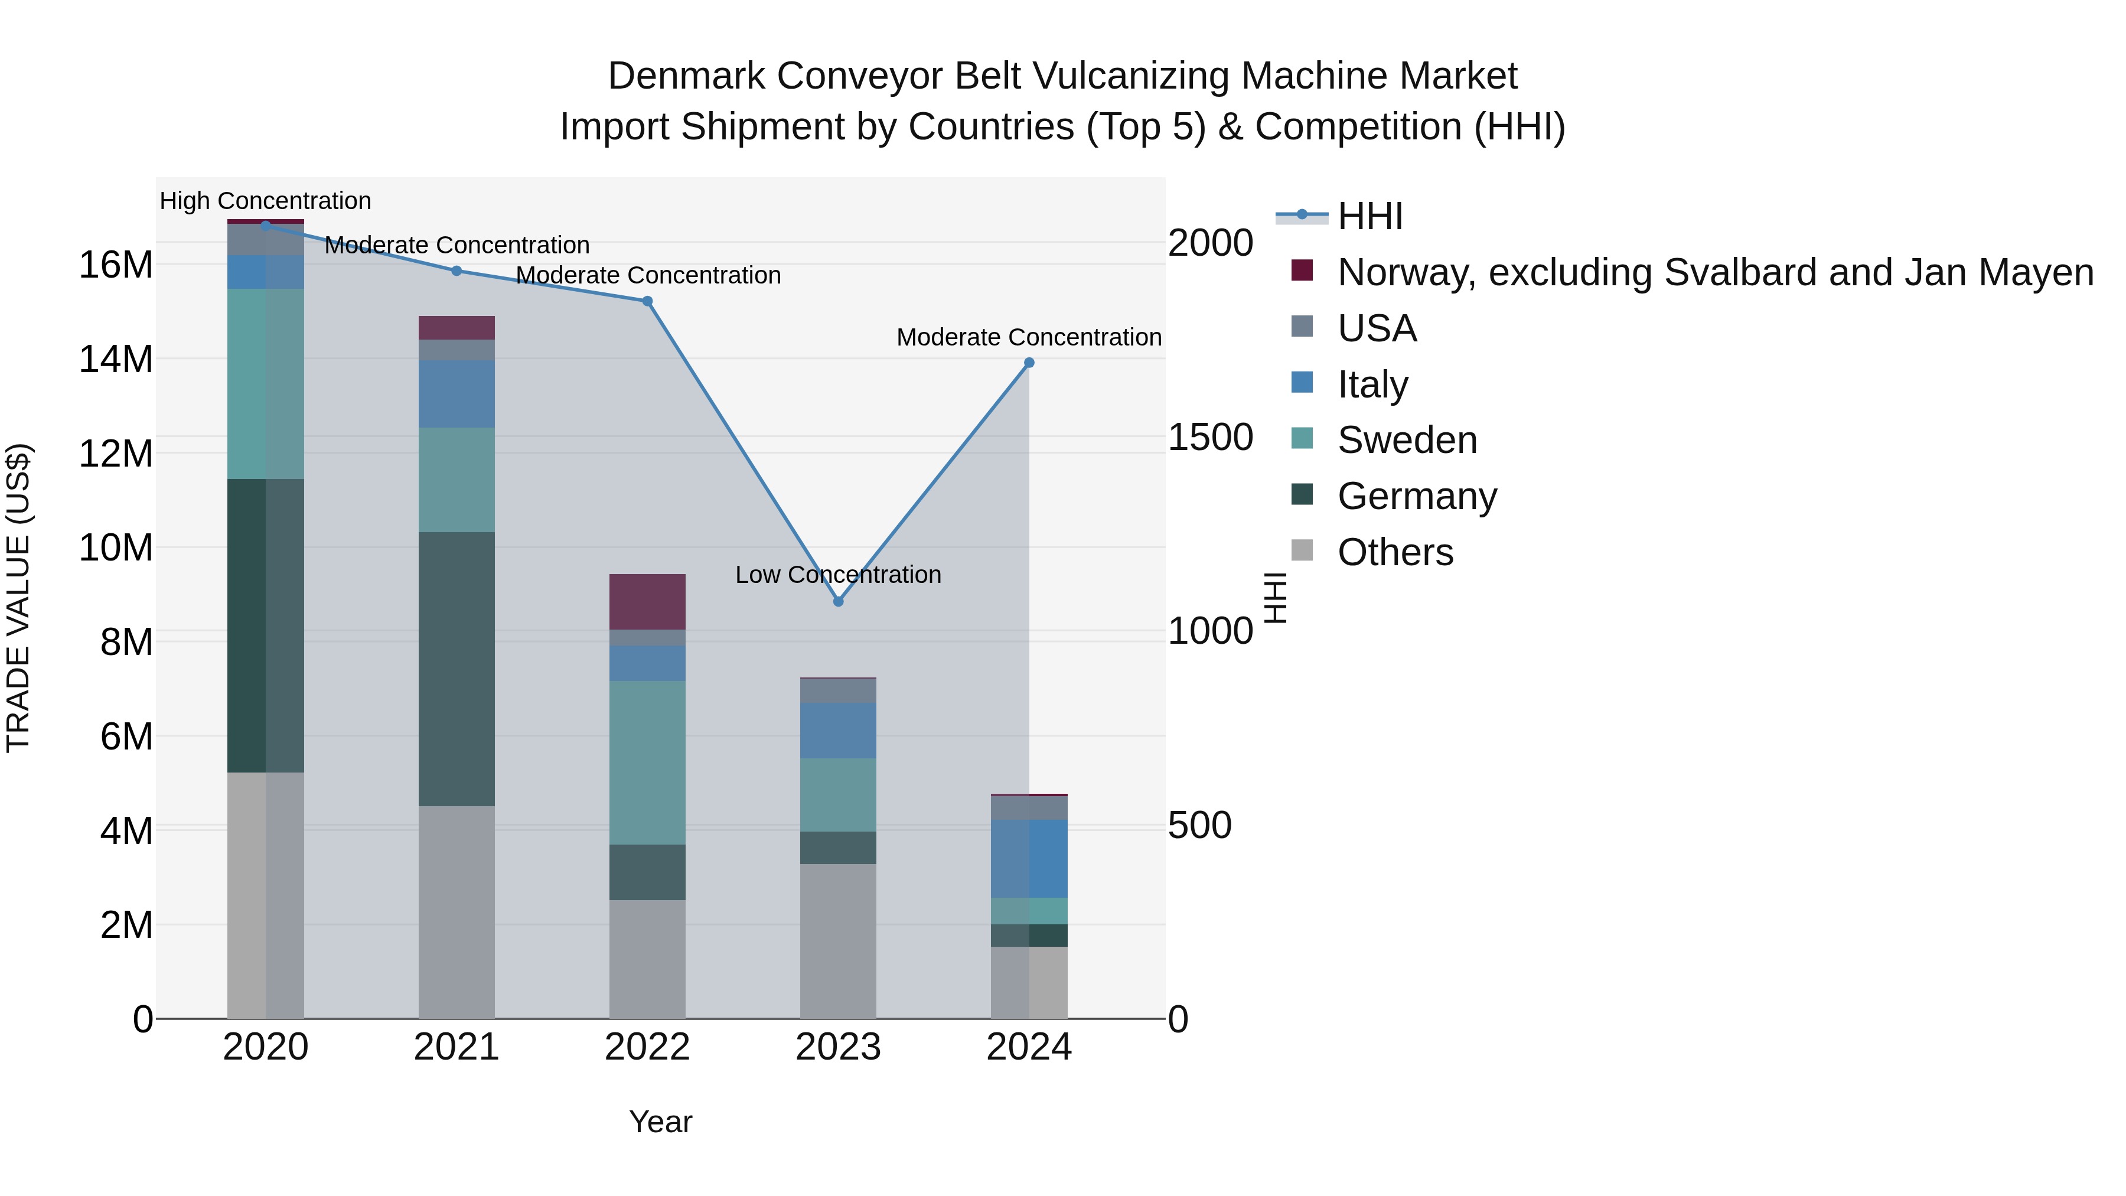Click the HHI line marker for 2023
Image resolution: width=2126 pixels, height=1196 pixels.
(839, 602)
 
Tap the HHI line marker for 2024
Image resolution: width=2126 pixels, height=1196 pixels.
(1029, 363)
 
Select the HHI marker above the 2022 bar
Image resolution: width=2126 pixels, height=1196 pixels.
(648, 301)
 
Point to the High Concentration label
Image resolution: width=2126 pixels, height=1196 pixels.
(265, 201)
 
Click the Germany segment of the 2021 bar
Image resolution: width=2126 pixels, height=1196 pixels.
(456, 669)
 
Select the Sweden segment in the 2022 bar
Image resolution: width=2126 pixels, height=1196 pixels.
(648, 762)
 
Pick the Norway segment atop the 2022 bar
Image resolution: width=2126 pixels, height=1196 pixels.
(648, 602)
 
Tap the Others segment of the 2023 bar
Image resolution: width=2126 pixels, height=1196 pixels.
(839, 941)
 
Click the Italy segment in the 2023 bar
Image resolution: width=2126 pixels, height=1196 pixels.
(839, 731)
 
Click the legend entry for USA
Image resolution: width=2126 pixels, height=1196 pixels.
(1377, 328)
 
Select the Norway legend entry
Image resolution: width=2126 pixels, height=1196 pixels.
(1715, 272)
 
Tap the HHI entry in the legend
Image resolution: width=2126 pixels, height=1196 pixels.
(1370, 216)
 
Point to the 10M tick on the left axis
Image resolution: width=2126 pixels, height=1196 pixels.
(116, 548)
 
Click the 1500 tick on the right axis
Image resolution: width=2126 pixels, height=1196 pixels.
(1211, 438)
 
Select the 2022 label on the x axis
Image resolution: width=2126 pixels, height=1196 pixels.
(648, 1047)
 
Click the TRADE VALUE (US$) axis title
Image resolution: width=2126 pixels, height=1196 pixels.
(18, 598)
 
